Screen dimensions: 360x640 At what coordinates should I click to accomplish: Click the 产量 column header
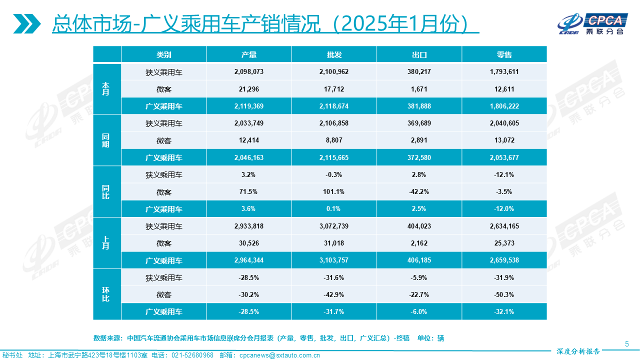pyautogui.click(x=248, y=54)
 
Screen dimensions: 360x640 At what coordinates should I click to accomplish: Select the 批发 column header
pyautogui.click(x=334, y=54)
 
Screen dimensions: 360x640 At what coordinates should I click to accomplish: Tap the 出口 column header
pyautogui.click(x=419, y=54)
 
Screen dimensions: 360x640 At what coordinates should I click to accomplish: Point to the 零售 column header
pyautogui.click(x=504, y=54)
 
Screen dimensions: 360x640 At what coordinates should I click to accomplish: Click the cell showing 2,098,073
pyautogui.click(x=248, y=72)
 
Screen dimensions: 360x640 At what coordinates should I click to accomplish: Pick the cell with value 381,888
pyautogui.click(x=419, y=106)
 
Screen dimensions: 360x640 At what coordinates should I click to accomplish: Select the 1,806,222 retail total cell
pyautogui.click(x=504, y=106)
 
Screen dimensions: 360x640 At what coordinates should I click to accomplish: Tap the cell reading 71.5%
pyautogui.click(x=248, y=191)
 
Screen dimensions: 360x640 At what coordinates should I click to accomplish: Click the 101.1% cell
pyautogui.click(x=334, y=191)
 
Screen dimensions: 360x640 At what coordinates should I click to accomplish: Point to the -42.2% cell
pyautogui.click(x=419, y=191)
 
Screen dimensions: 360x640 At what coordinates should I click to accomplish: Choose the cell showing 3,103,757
pyautogui.click(x=334, y=260)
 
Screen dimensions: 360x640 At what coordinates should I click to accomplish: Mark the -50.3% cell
pyautogui.click(x=504, y=294)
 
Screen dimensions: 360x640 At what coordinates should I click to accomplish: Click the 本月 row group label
pyautogui.click(x=106, y=89)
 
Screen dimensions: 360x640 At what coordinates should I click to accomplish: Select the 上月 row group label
pyautogui.click(x=106, y=243)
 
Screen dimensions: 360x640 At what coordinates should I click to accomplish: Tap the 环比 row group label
pyautogui.click(x=106, y=294)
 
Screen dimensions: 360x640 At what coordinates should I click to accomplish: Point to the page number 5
pyautogui.click(x=627, y=343)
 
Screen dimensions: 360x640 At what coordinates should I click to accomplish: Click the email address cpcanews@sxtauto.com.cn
pyautogui.click(x=279, y=355)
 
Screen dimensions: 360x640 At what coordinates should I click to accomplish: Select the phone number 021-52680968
pyautogui.click(x=192, y=355)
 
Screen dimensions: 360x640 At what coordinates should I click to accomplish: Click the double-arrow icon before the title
pyautogui.click(x=27, y=23)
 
